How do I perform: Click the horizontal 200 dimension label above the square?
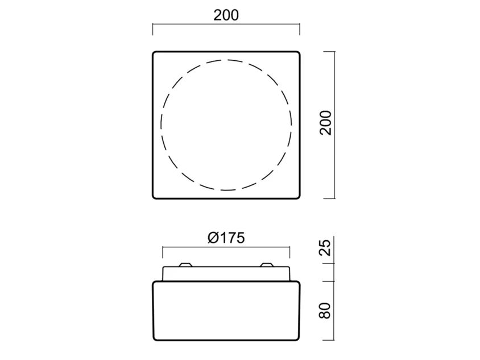pyautogui.click(x=226, y=15)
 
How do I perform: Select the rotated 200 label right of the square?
pyautogui.click(x=325, y=123)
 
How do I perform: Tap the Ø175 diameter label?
pyautogui.click(x=226, y=238)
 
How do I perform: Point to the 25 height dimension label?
pyautogui.click(x=325, y=247)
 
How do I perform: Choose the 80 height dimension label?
pyautogui.click(x=325, y=311)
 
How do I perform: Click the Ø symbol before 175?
pyautogui.click(x=213, y=238)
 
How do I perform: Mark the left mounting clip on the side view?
pyautogui.click(x=185, y=264)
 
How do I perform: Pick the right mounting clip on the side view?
pyautogui.click(x=266, y=264)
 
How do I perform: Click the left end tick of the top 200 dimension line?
pyautogui.click(x=153, y=29)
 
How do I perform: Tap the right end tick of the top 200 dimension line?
pyautogui.click(x=300, y=29)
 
